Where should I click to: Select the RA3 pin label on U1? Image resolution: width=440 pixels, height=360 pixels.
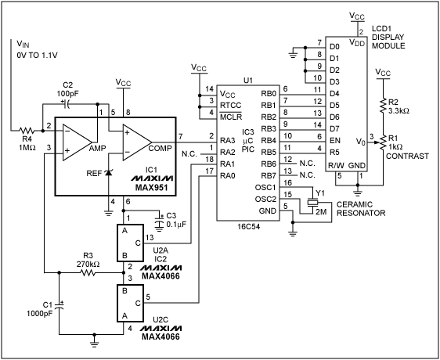click(228, 139)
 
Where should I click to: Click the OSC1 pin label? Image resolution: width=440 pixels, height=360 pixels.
click(266, 187)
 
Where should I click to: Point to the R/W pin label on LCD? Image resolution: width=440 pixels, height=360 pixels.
click(336, 165)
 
